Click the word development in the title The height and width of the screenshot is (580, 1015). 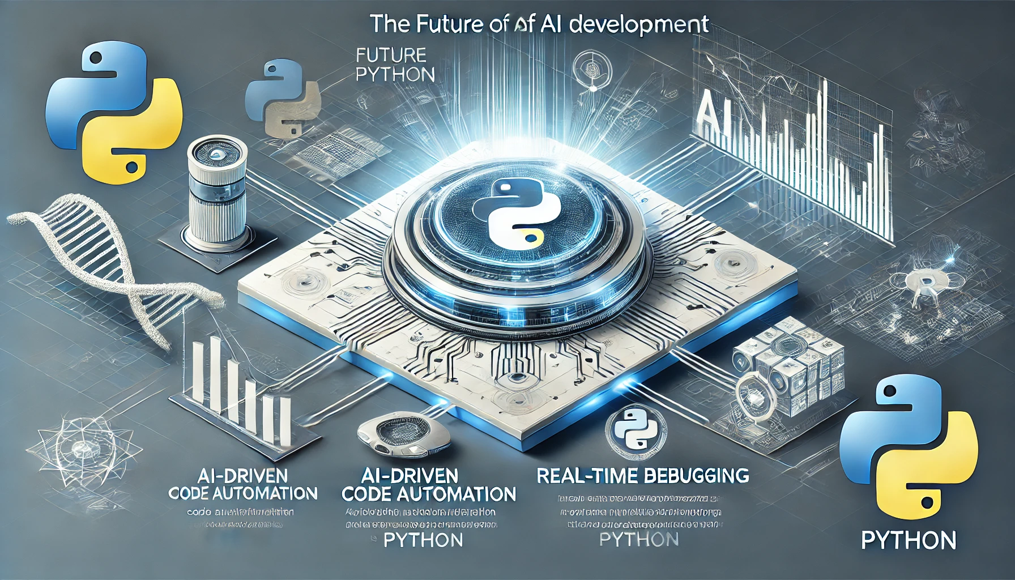click(639, 24)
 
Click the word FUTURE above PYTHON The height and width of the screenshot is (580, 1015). click(391, 55)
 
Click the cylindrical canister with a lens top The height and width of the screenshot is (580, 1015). click(217, 193)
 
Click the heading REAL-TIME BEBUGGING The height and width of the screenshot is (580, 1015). click(642, 476)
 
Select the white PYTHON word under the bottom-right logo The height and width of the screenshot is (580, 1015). click(909, 540)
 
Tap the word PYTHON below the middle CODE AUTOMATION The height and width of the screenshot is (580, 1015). click(423, 540)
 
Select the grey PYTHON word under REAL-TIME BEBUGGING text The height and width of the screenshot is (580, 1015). click(639, 539)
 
